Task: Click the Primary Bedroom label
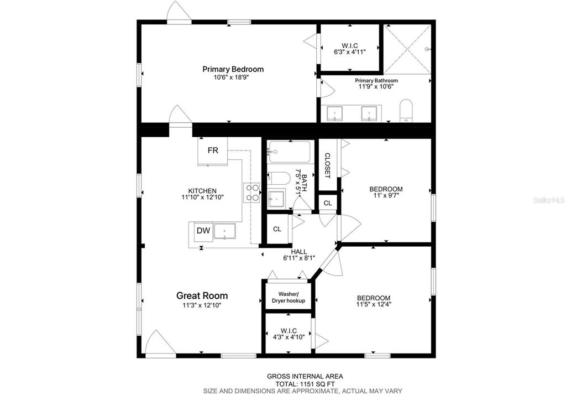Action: coord(233,69)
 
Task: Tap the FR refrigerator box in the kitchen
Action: coord(213,151)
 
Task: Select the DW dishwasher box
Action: coord(203,231)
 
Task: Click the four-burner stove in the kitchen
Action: coord(252,193)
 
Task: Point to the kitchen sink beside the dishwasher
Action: coord(224,231)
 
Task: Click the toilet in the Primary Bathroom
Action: coord(406,111)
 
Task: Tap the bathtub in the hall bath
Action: coord(290,152)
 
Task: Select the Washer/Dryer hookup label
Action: coord(289,298)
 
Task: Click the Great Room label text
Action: coord(202,295)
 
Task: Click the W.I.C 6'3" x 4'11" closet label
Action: coord(350,49)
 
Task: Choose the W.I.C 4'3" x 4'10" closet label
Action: coord(289,334)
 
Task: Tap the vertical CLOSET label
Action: coord(328,165)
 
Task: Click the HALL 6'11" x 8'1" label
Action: coord(299,254)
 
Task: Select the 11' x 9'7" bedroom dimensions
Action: coord(386,195)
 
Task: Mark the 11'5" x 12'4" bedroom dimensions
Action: coord(374,304)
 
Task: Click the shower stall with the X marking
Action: coord(407,49)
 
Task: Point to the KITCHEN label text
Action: coord(202,191)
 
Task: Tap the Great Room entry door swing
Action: coord(160,342)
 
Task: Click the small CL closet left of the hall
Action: coord(277,229)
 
